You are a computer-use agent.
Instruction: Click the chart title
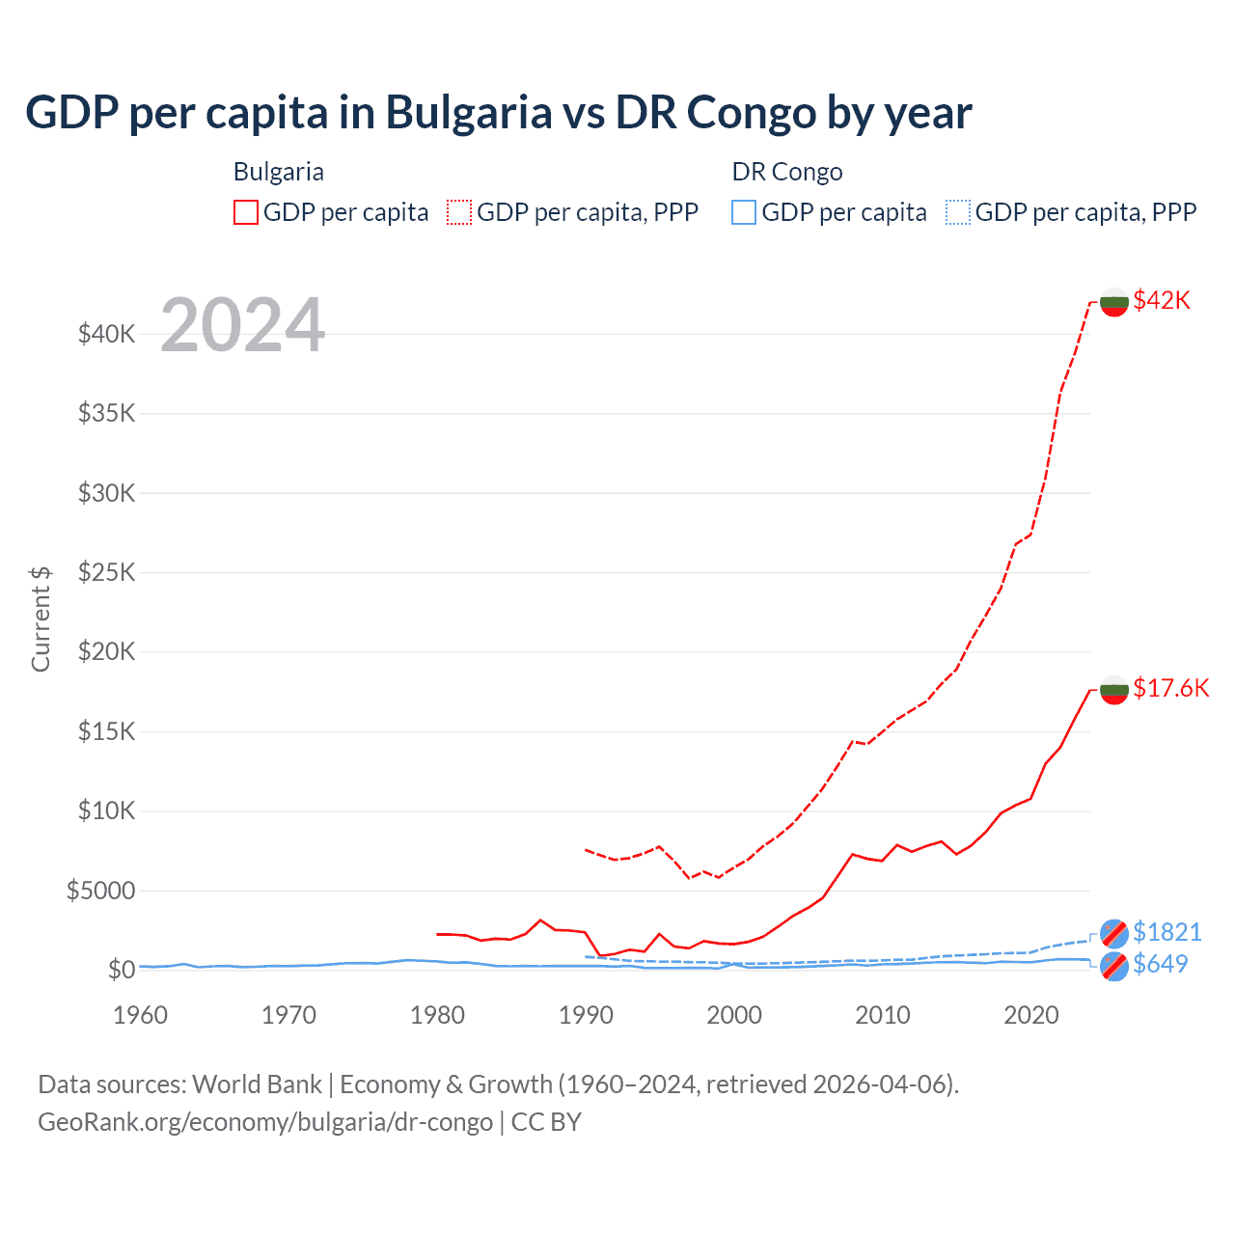[498, 113]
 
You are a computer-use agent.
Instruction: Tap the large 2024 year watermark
[242, 325]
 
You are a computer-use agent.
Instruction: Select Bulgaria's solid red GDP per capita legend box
[246, 212]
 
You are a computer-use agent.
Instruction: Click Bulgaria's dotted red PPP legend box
[459, 212]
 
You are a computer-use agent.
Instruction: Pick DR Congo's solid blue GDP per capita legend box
[744, 212]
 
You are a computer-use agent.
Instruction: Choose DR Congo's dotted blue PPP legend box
[958, 212]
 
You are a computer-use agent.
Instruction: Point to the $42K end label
[1162, 300]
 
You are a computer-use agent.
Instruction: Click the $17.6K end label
[1170, 688]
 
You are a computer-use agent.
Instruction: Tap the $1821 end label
[1166, 932]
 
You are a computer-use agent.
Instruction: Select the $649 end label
[1160, 964]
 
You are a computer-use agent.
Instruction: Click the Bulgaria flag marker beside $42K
[1114, 301]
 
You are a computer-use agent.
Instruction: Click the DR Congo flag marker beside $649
[1114, 966]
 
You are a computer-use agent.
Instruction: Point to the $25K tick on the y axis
[106, 573]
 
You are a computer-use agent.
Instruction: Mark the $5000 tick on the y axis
[100, 891]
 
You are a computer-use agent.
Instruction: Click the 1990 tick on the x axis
[586, 1015]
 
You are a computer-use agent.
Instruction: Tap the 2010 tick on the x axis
[883, 1015]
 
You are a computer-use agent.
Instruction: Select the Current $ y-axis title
[41, 618]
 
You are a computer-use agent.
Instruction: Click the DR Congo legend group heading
[787, 172]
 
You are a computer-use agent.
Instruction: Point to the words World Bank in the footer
[257, 1084]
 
